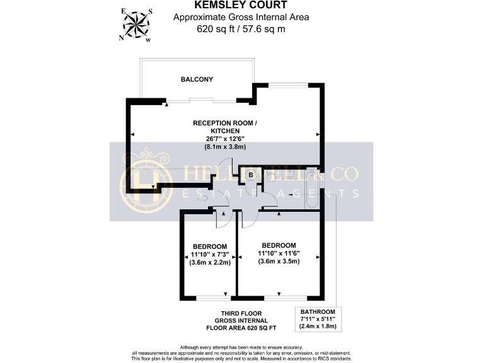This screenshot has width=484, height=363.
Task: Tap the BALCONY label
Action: [197, 79]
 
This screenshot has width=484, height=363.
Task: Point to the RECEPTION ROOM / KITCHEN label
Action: [225, 126]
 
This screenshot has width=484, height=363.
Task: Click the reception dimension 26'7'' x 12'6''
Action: [225, 138]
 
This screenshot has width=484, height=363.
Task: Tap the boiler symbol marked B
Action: [251, 175]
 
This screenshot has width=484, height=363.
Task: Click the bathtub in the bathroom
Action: [313, 189]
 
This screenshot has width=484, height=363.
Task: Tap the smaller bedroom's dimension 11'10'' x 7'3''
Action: [210, 255]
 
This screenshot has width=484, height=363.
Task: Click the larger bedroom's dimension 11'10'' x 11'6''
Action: [279, 253]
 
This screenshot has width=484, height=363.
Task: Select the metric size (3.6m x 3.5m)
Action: [279, 262]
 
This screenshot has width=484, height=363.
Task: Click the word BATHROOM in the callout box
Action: [318, 312]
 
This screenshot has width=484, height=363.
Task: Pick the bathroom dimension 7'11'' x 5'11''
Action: [318, 320]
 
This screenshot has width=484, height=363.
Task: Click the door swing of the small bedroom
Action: [223, 219]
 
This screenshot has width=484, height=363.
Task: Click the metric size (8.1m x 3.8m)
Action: [225, 146]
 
